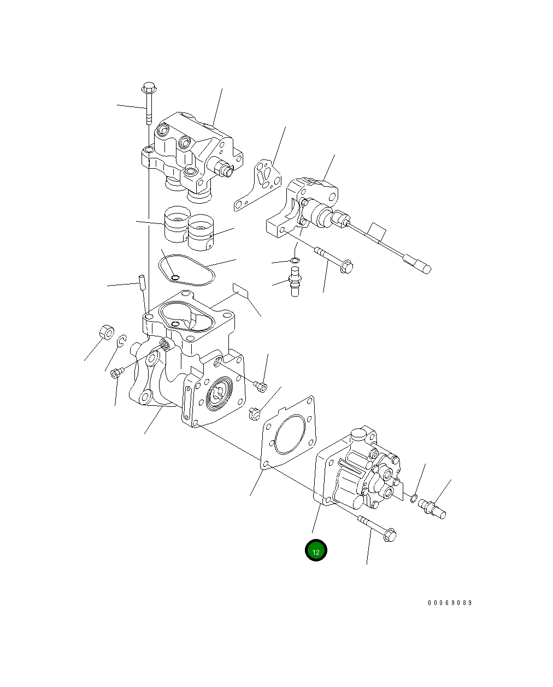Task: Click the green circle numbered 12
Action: [x=316, y=550]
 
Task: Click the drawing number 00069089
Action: [x=450, y=603]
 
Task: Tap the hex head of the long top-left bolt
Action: [x=149, y=87]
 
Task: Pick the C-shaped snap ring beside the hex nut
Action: [x=123, y=341]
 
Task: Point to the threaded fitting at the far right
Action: [x=432, y=508]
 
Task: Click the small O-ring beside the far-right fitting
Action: [x=414, y=498]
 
